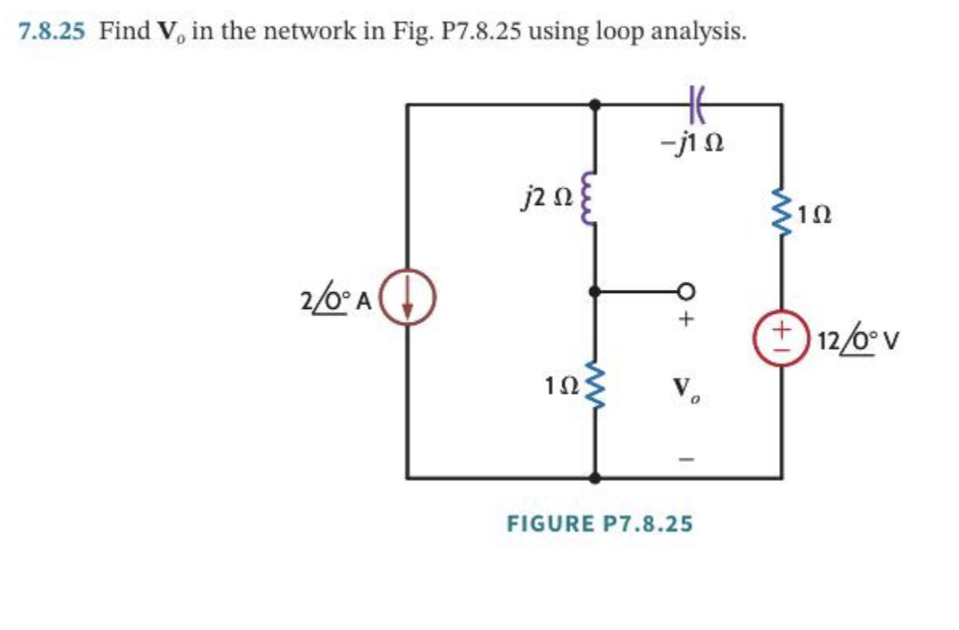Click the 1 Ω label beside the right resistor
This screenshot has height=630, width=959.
point(816,215)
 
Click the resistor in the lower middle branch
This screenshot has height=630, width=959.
point(594,387)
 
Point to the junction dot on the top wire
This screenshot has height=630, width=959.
point(594,104)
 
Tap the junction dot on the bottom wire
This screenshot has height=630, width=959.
point(594,478)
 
